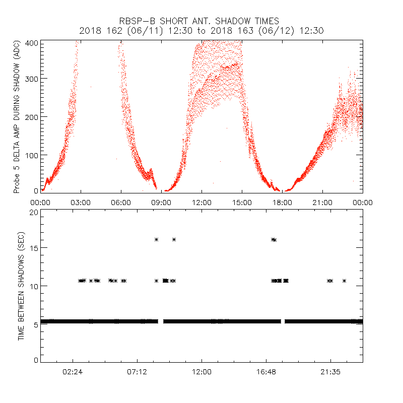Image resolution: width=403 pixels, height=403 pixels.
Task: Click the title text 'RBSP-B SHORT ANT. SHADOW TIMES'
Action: point(201,21)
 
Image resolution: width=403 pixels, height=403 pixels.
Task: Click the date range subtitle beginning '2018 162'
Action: point(201,31)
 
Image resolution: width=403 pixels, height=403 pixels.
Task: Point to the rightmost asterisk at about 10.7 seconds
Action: point(345,281)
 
